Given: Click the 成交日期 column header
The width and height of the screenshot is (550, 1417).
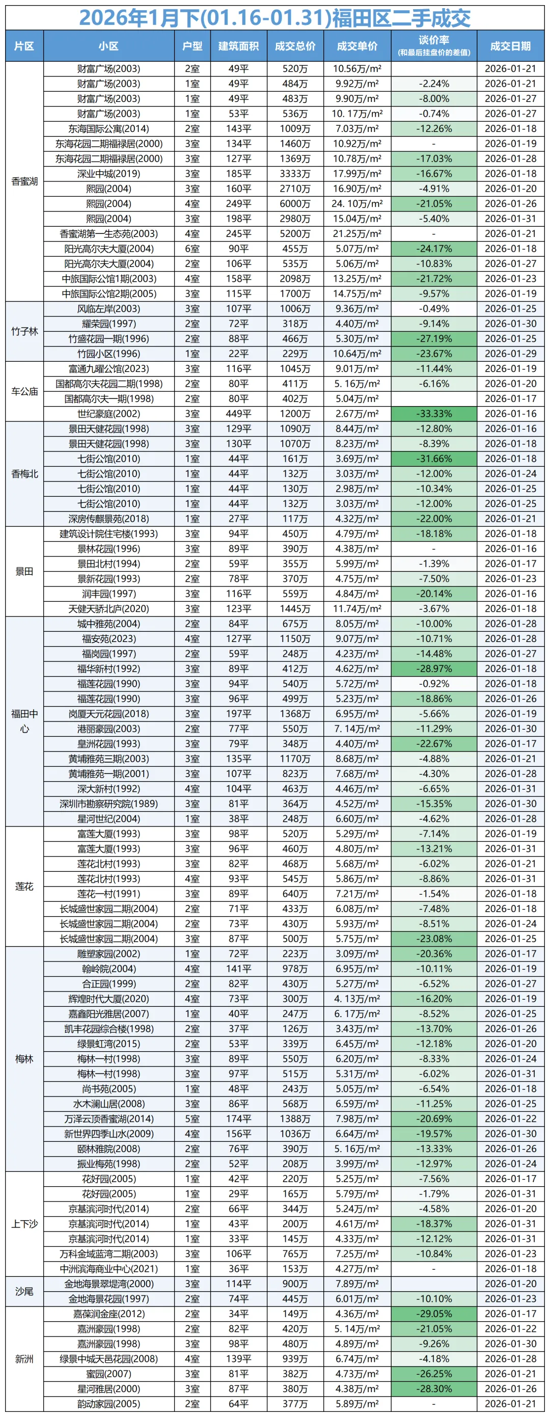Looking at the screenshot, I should coord(510,46).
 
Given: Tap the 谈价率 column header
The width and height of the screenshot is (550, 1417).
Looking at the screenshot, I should coord(434,41).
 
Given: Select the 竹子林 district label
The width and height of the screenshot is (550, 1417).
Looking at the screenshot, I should coord(25,331).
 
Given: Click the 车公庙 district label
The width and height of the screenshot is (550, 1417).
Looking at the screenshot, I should coord(25,391).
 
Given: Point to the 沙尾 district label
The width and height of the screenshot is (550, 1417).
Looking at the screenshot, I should coord(25,1291).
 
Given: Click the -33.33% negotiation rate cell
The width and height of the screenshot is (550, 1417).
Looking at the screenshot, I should coord(434,414).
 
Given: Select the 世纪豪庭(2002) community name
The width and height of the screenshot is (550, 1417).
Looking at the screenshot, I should coord(109,414).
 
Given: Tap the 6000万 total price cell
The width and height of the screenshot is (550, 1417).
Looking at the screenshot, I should coord(295,203).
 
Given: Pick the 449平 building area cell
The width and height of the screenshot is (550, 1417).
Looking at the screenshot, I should coord(239,414).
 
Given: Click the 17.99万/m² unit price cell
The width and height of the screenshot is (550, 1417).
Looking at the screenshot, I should coord(357,174).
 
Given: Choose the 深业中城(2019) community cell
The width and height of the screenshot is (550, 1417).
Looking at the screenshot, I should coord(109,174).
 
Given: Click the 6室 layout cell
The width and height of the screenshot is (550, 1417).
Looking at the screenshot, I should coord(193,249).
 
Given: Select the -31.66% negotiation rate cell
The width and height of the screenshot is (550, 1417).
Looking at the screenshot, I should coord(434,459).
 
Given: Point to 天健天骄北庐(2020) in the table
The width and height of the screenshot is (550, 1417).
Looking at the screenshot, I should coord(109,608).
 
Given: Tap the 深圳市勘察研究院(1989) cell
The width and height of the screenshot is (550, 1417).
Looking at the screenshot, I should coord(109,804).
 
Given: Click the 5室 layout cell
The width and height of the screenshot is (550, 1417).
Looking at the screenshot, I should coord(193,1118).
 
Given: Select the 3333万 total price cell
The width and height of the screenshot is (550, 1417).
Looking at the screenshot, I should coord(295,174).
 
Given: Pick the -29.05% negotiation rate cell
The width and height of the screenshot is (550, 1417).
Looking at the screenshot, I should coord(434,1314).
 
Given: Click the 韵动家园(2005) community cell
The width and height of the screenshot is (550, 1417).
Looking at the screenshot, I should coord(109,1403).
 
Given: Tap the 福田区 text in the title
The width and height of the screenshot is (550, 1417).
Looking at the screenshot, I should coord(363,18).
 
